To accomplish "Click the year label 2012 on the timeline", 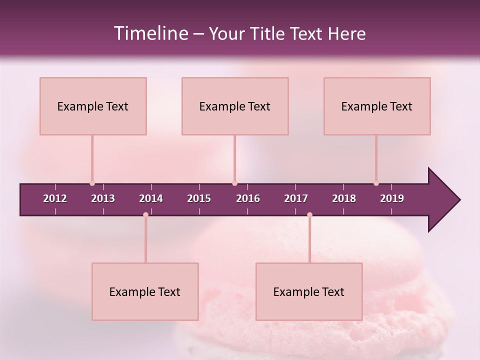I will [55, 198].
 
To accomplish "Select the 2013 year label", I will [103, 198].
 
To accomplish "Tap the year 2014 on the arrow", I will [151, 198].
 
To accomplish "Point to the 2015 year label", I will [199, 198].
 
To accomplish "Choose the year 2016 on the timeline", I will [248, 198].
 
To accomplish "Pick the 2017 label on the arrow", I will [296, 198].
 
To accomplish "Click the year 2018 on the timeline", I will [344, 198].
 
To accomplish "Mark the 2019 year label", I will [392, 198].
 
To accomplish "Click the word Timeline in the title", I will [150, 33].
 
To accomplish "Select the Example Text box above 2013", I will [93, 106].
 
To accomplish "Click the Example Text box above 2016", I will [235, 106].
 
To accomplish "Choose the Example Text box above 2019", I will [377, 106].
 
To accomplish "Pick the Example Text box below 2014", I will [145, 291].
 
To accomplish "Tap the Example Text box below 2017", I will [309, 291].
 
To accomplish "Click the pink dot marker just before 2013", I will [92, 183].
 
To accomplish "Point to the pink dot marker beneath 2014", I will [145, 215].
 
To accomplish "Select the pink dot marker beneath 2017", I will [309, 215].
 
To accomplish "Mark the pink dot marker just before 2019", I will [376, 183].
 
